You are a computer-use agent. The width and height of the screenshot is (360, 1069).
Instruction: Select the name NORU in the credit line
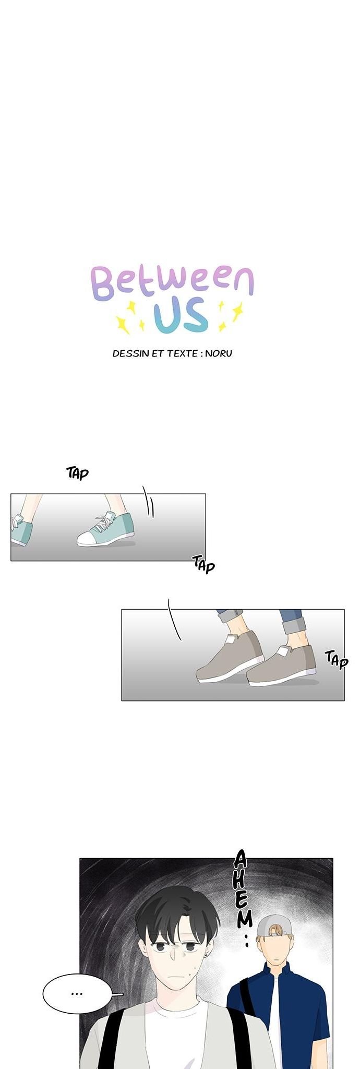219,353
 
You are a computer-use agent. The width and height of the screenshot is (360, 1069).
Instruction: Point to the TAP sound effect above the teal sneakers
78,473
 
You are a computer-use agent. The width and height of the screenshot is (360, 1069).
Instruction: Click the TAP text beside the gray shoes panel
337,659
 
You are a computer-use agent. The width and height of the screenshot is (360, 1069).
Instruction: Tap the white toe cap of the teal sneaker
88,539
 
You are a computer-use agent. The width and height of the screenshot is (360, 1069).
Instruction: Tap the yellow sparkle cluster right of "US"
230,316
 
